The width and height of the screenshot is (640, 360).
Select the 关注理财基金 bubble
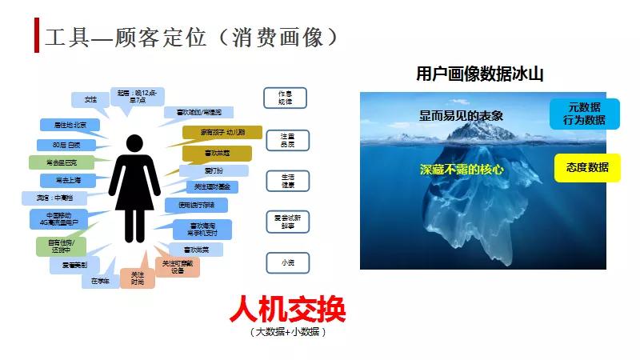coord(212,186)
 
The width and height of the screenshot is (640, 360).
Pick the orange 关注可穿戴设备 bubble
coord(178,266)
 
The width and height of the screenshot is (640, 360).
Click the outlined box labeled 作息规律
coord(286,98)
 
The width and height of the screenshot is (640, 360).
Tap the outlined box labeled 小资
coord(286,262)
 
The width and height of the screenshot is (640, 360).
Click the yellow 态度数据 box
coord(587,167)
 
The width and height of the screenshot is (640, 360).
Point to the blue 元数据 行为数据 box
coord(584,114)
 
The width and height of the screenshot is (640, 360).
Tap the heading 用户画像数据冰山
coord(480,74)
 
